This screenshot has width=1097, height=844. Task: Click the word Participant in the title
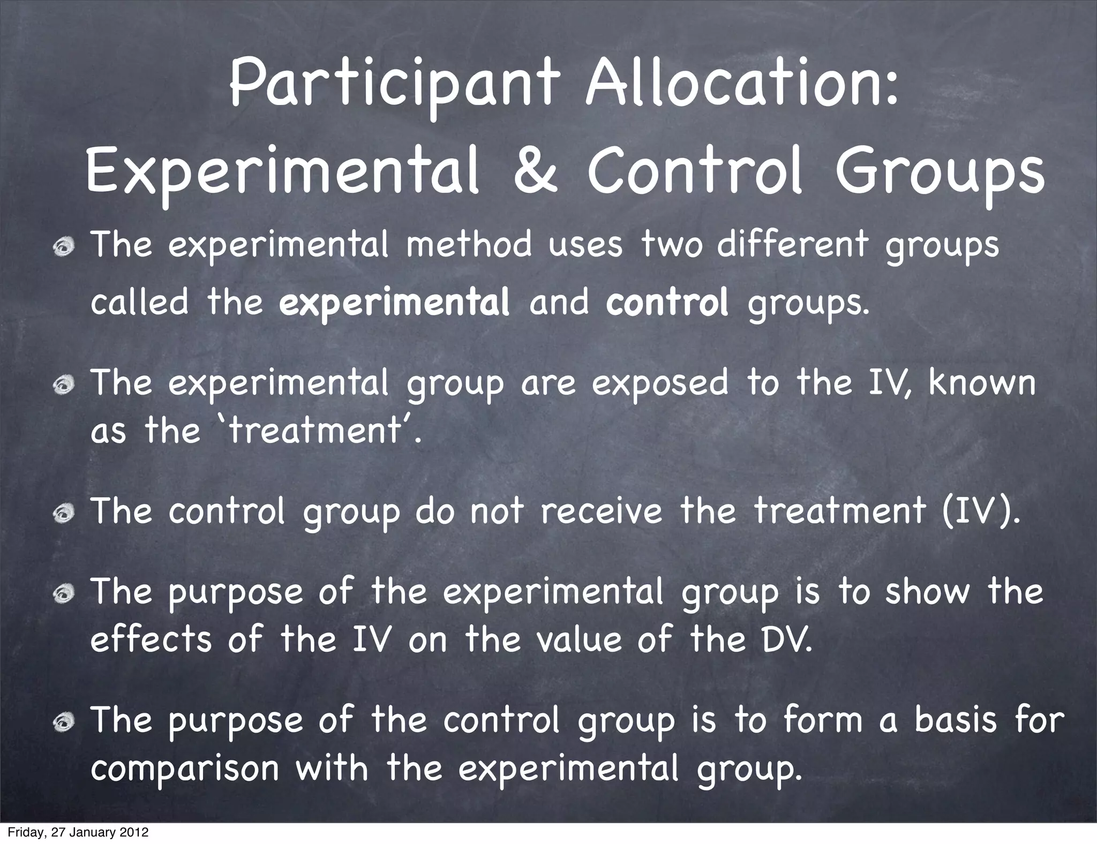click(395, 87)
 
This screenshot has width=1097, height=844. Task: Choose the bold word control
click(667, 302)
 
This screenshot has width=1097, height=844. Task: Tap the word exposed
click(660, 385)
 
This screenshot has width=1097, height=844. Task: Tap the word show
click(927, 592)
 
